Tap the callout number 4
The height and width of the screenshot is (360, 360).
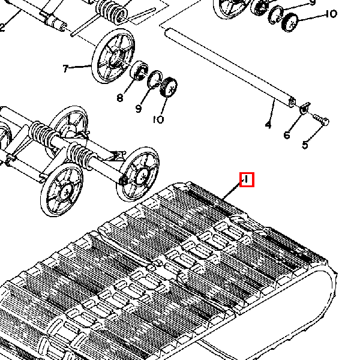[x=268, y=125]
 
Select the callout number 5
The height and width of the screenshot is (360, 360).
[x=305, y=145]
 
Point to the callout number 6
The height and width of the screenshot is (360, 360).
[x=287, y=136]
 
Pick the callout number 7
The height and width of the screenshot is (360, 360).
[x=65, y=68]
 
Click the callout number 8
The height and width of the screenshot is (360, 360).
[x=120, y=98]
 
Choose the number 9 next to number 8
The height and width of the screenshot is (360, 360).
[x=139, y=109]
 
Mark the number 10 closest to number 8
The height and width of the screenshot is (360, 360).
[x=158, y=119]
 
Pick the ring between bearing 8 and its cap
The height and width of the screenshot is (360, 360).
[x=155, y=79]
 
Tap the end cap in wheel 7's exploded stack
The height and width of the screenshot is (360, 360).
[x=170, y=88]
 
